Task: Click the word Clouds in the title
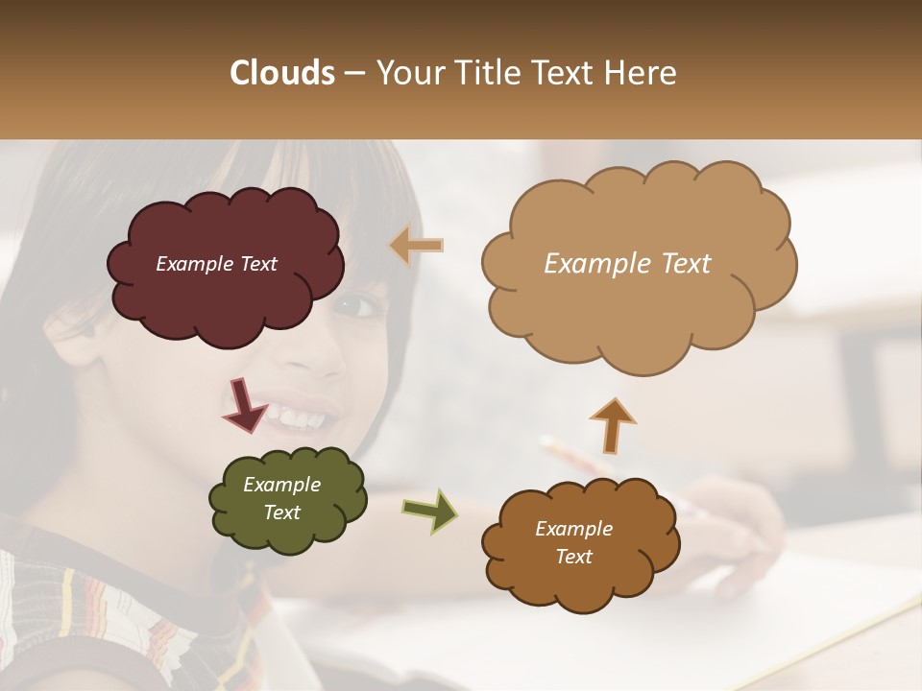(x=282, y=73)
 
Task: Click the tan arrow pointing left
(x=417, y=247)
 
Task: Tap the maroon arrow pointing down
(x=244, y=405)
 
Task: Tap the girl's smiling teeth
(x=298, y=418)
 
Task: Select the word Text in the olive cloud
(x=281, y=512)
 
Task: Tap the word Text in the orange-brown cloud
(x=573, y=557)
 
